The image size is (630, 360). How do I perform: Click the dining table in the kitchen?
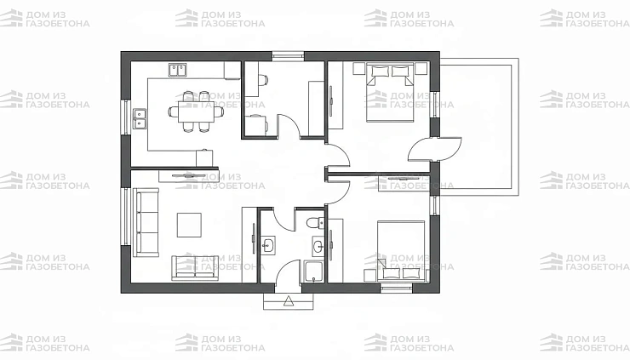tap(196, 111)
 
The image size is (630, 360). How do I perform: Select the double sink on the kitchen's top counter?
tap(178, 70)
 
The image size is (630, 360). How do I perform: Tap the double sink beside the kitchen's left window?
tap(140, 118)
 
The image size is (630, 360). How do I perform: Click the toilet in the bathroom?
tap(315, 222)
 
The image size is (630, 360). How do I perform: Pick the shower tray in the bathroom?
tap(314, 272)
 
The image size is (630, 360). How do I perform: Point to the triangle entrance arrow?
tap(288, 301)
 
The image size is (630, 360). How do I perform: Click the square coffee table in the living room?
tap(189, 225)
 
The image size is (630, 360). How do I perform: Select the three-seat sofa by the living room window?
tap(146, 222)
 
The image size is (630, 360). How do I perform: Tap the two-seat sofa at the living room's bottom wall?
tap(196, 267)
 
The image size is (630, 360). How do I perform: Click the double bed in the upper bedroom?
tap(390, 94)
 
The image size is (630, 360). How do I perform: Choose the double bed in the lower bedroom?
tap(401, 250)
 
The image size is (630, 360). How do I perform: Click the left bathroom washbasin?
tap(268, 245)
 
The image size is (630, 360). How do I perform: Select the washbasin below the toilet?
tap(318, 245)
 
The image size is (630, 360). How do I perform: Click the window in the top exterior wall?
tap(288, 56)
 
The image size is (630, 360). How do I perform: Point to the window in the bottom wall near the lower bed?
tap(396, 288)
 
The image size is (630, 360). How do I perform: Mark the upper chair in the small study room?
tap(262, 80)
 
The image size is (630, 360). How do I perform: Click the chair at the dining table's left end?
tap(174, 111)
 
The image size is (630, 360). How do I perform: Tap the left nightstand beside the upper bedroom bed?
tap(358, 69)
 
